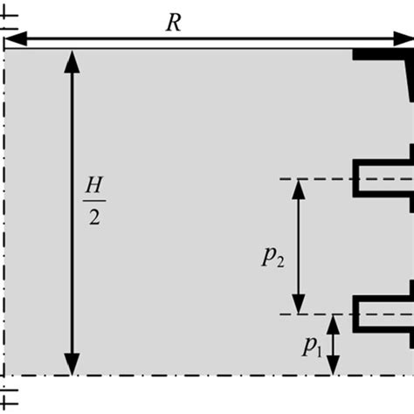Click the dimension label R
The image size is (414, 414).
pyautogui.click(x=173, y=22)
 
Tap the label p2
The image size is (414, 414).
pyautogui.click(x=273, y=256)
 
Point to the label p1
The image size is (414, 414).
pyautogui.click(x=312, y=347)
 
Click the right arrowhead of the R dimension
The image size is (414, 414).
pyautogui.click(x=404, y=38)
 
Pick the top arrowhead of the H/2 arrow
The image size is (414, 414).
pyautogui.click(x=72, y=59)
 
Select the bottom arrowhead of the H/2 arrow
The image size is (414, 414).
pyautogui.click(x=72, y=366)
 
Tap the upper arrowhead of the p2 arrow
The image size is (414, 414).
pyautogui.click(x=299, y=188)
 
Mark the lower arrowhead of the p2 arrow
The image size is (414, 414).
pyautogui.click(x=299, y=305)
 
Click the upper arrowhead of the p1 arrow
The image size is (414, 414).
pyautogui.click(x=334, y=322)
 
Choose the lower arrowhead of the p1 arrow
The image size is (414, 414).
pyautogui.click(x=334, y=368)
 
